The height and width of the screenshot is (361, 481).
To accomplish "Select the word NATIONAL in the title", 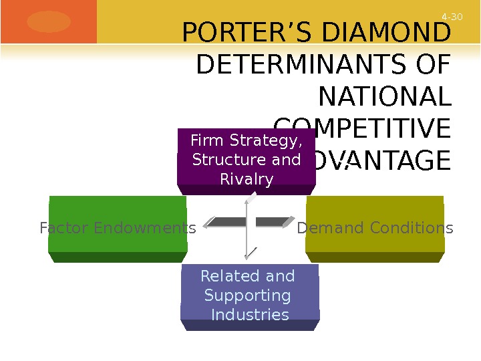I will (385, 98).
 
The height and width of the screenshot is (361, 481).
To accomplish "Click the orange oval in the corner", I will (49, 21).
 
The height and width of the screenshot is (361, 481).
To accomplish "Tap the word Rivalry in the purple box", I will (247, 180).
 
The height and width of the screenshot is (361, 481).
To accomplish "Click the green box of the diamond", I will (118, 227).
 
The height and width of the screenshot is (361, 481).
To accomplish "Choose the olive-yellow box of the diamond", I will (375, 227).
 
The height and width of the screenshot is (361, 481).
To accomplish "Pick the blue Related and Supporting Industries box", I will (249, 296).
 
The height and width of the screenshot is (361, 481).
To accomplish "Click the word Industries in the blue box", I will (250, 315).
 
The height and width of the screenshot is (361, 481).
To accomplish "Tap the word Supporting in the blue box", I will (248, 295).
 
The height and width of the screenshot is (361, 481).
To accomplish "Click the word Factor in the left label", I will (64, 229).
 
